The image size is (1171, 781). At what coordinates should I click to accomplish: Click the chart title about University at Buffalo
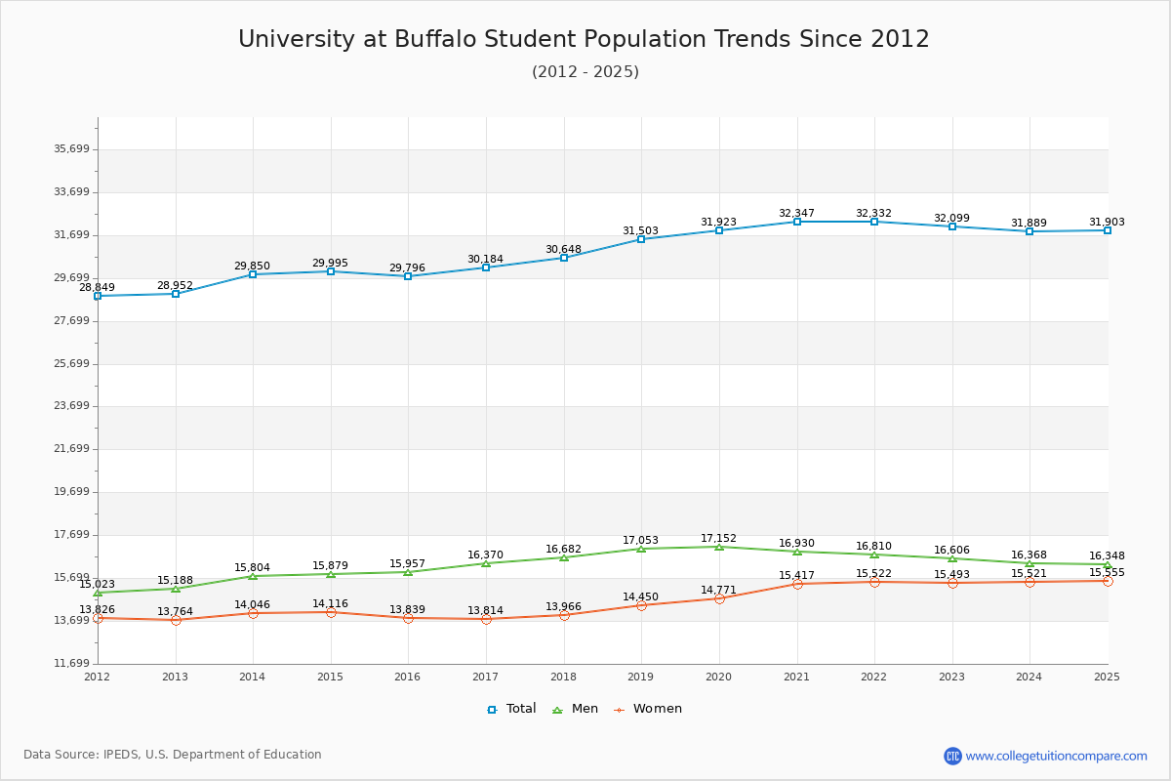pos(584,39)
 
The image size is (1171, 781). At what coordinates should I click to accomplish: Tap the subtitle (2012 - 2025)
pos(585,72)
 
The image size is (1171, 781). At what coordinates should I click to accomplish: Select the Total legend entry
pos(512,709)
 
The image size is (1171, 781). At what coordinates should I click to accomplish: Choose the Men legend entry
pos(577,709)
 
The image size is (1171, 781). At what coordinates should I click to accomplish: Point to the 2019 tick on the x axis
pos(641,677)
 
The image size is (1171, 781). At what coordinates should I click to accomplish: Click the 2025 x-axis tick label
pos(1107,677)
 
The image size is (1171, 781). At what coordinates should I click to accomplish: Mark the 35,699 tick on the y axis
pos(71,149)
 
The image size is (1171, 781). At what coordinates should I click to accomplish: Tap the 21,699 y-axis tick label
pos(71,449)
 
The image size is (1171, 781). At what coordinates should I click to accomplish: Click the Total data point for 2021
pos(797,222)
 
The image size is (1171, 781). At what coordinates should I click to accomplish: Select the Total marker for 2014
pos(253,274)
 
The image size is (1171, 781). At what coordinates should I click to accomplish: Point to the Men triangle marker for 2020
pos(719,547)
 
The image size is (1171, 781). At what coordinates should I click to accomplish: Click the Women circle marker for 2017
pos(486,619)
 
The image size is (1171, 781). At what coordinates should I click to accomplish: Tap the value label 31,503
pos(640,231)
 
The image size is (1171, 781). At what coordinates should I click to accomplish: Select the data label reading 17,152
pos(718,539)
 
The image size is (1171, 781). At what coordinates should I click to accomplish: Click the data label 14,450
pos(640,597)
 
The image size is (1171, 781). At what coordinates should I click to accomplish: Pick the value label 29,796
pos(407,268)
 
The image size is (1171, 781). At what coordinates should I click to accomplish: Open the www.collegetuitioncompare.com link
pos(1056,756)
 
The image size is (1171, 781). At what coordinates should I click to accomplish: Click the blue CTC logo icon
pos(952,756)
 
